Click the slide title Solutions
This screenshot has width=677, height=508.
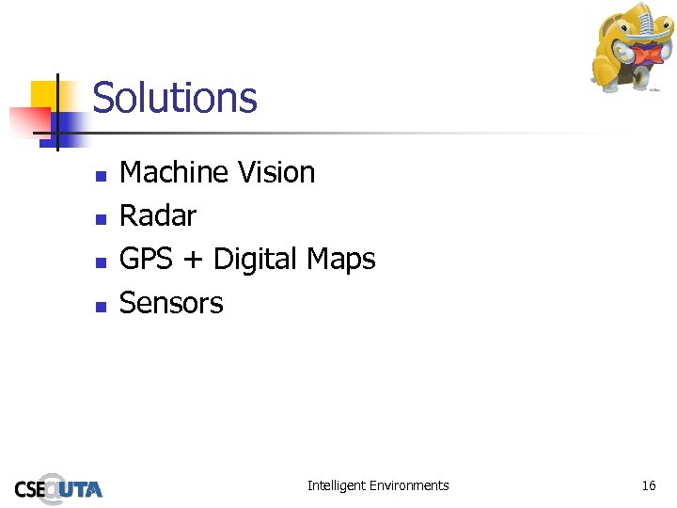click(175, 98)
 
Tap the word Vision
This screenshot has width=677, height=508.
click(276, 172)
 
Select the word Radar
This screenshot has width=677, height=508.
click(158, 215)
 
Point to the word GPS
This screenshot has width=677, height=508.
click(147, 259)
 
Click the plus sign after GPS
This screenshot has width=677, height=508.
click(194, 261)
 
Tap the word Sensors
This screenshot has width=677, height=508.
click(171, 303)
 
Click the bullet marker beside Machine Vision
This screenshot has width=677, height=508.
click(99, 175)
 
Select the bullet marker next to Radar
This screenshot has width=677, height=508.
click(99, 218)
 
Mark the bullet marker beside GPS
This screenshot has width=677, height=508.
click(99, 262)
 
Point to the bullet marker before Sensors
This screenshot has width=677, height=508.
click(99, 305)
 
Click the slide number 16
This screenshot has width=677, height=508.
click(649, 485)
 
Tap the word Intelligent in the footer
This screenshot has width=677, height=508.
click(337, 485)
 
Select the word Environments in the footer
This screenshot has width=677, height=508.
click(409, 485)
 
